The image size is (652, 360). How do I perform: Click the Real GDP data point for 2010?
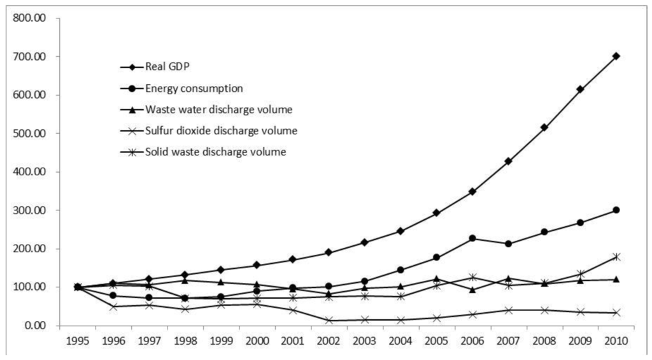pyautogui.click(x=616, y=56)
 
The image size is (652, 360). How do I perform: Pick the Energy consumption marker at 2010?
pyautogui.click(x=616, y=210)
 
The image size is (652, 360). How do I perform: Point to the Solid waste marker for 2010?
pyautogui.click(x=616, y=257)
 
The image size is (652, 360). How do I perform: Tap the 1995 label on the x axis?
pyautogui.click(x=78, y=341)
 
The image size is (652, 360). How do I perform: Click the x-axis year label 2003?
pyautogui.click(x=365, y=341)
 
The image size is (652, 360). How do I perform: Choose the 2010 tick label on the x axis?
pyautogui.click(x=616, y=341)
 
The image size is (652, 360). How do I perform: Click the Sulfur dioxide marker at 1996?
pyautogui.click(x=113, y=306)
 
